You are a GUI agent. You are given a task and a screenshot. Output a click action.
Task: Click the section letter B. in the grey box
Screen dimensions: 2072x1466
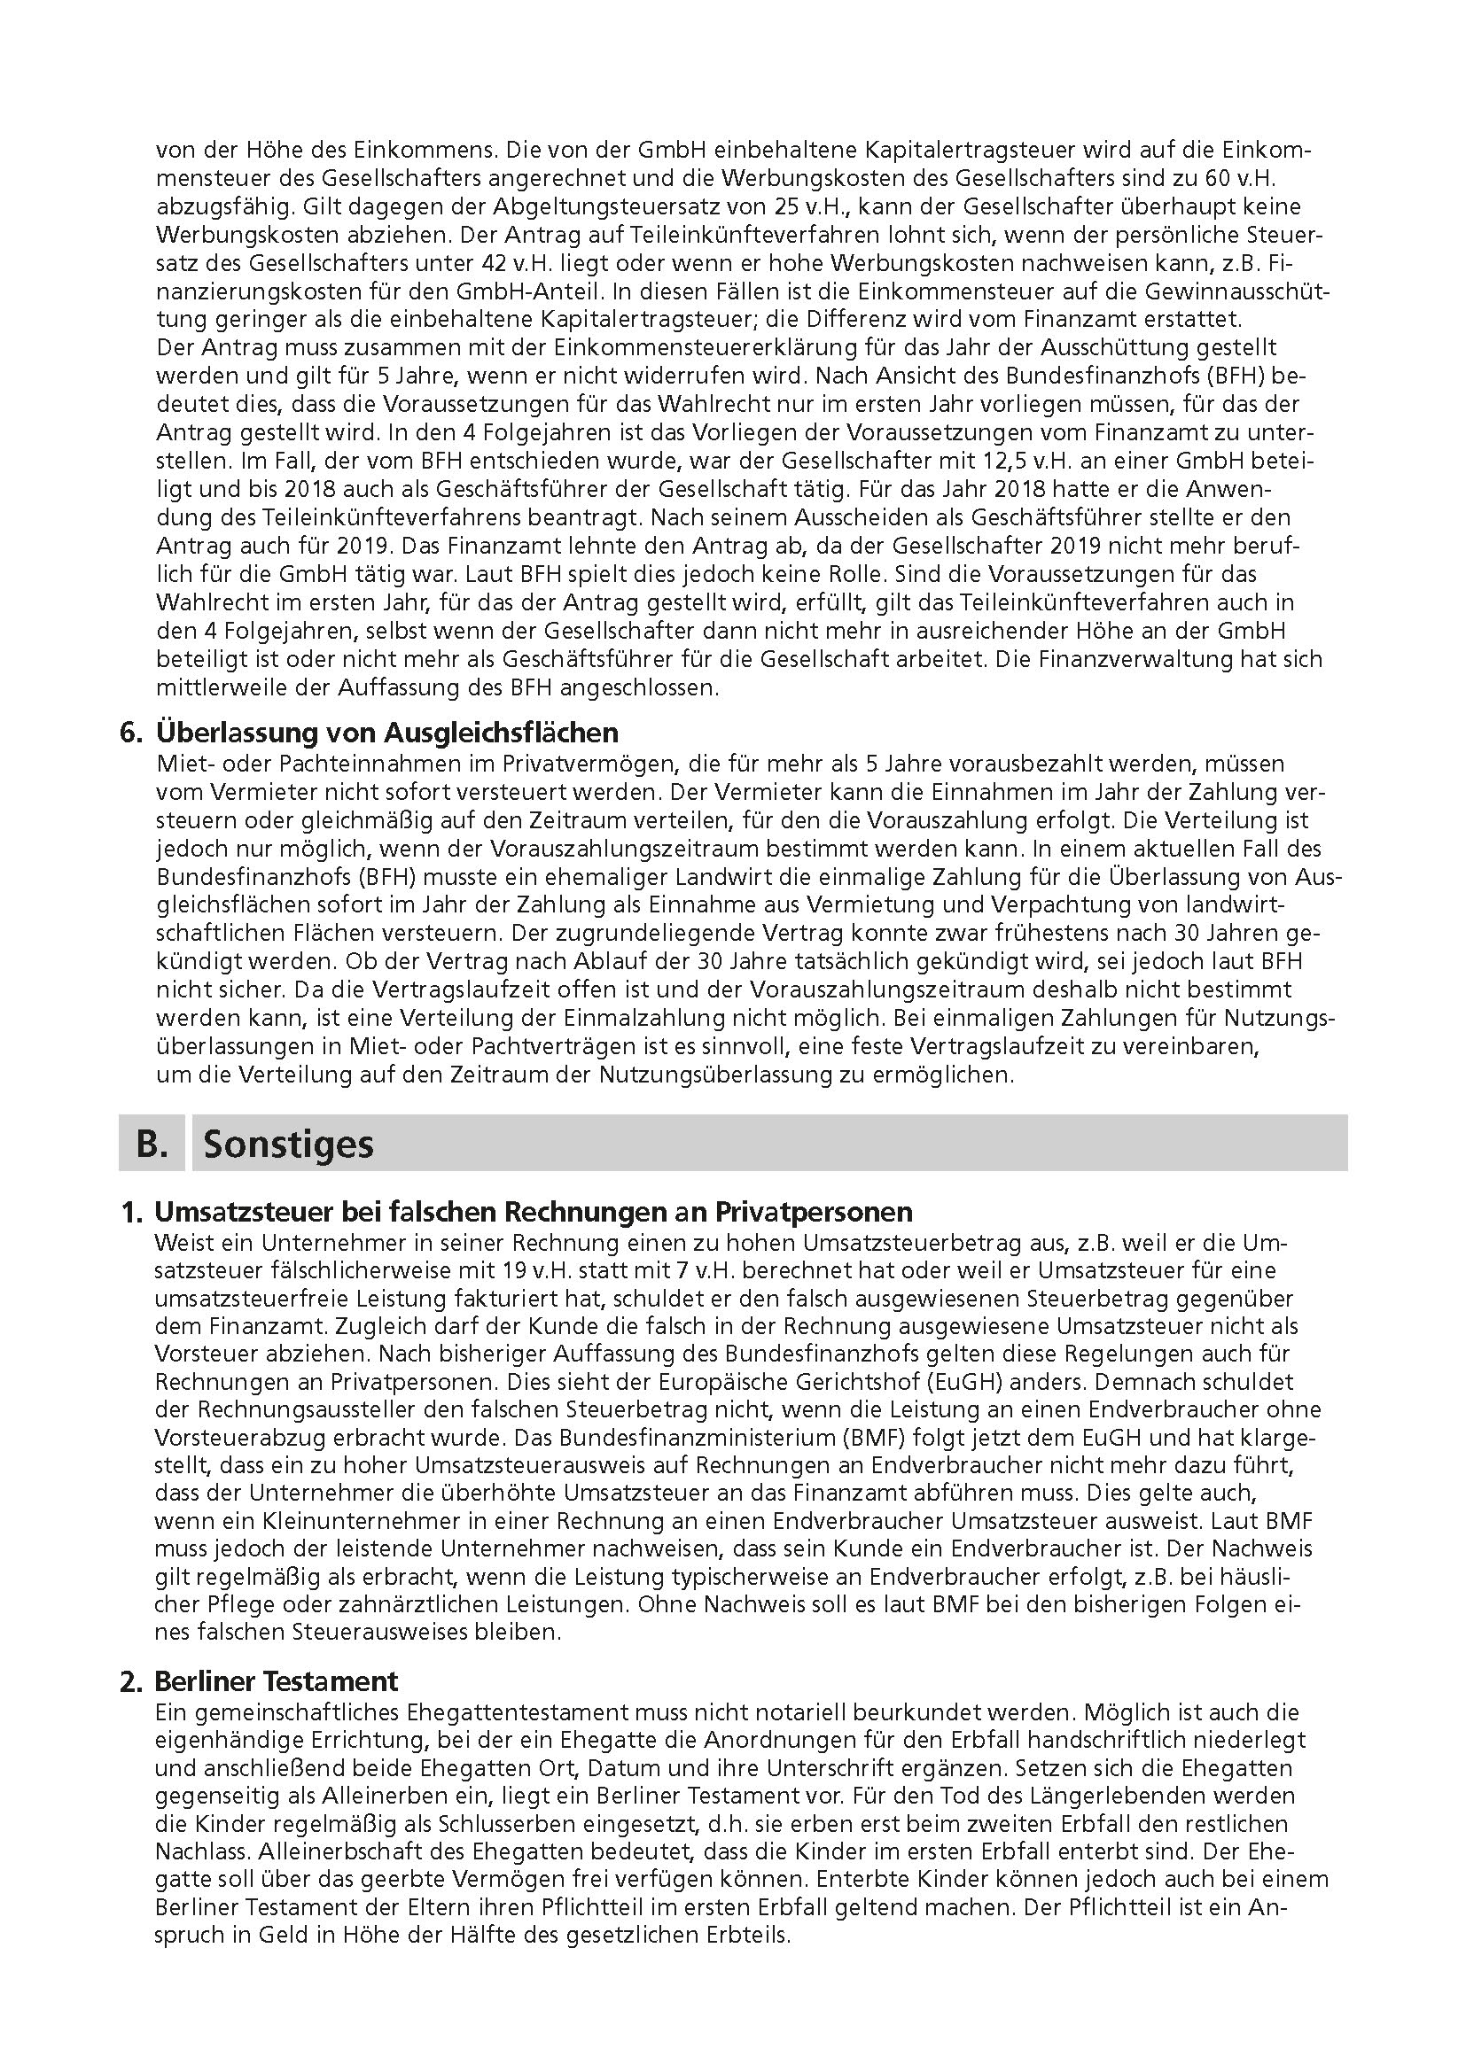(x=152, y=1144)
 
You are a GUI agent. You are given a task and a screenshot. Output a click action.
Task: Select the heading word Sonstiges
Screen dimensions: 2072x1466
(x=288, y=1144)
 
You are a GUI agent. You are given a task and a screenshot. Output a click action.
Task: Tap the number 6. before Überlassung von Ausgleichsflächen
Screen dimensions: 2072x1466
(x=131, y=732)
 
